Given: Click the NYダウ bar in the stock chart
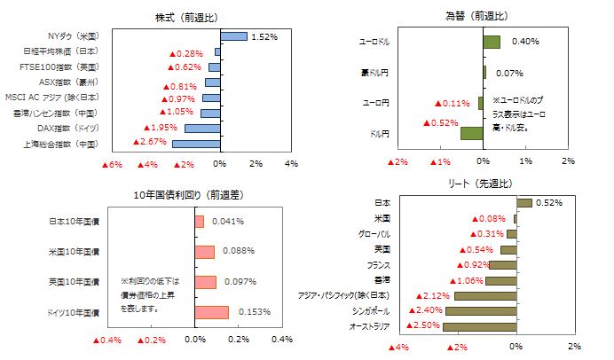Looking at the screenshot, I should [x=233, y=36].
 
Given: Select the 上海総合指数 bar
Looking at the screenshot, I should [x=196, y=144].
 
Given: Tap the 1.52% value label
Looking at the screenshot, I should [x=264, y=37].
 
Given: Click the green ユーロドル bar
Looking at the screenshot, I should [x=492, y=42].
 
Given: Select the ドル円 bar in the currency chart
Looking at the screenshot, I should [x=472, y=134].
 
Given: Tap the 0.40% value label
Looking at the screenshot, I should [x=526, y=42].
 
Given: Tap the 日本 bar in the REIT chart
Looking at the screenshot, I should [x=523, y=203].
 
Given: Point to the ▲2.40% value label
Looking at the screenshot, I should [x=424, y=311].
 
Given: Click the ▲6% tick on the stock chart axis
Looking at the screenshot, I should [x=113, y=164].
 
